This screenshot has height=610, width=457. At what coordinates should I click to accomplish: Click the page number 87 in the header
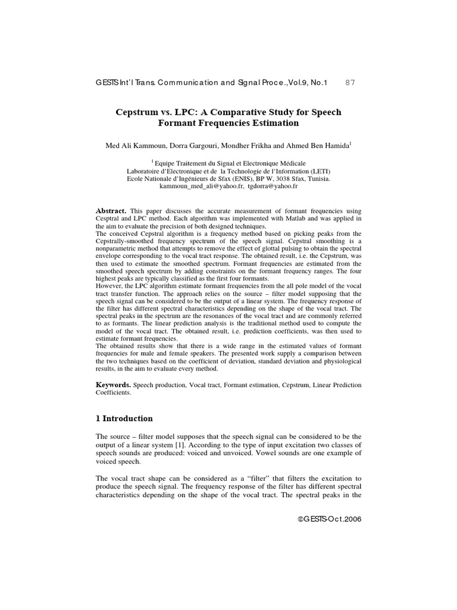[350, 82]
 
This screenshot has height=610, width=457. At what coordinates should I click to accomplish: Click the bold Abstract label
[111, 211]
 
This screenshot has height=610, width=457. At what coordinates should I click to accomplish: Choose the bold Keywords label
[114, 385]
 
